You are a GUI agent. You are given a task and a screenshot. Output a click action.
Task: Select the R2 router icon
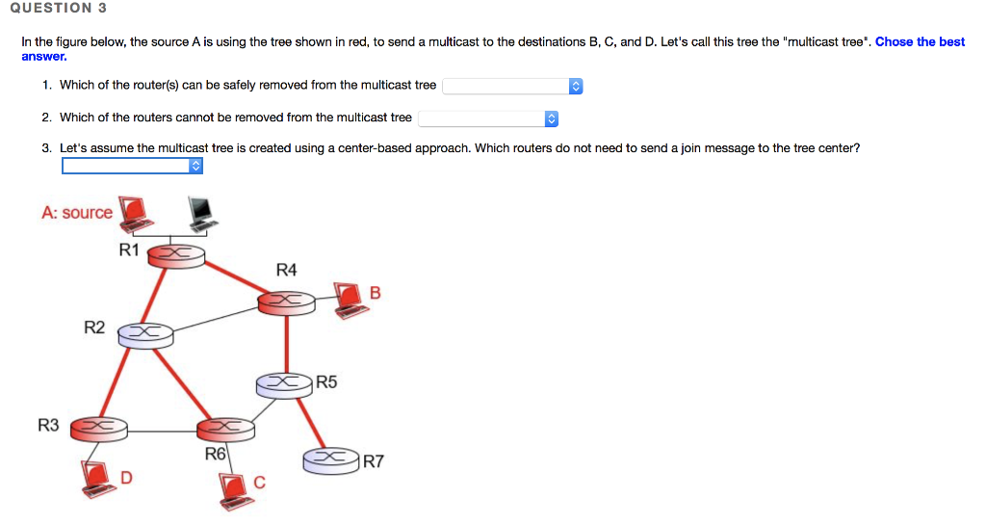(x=144, y=334)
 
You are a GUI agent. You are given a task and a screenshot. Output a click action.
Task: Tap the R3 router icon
(x=99, y=427)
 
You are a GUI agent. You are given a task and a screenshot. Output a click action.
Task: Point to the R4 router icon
(x=286, y=303)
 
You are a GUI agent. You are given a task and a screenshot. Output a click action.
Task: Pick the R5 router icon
(x=284, y=384)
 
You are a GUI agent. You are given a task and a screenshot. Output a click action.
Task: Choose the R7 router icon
(x=331, y=459)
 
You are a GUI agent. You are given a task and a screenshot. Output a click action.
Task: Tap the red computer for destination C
(x=234, y=487)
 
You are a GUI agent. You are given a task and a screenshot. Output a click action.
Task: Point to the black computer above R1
(x=200, y=211)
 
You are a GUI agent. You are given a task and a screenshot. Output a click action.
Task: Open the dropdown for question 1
(x=512, y=87)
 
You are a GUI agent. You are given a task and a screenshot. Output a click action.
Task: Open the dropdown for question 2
(x=488, y=119)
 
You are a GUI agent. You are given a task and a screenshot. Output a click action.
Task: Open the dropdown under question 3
(x=133, y=167)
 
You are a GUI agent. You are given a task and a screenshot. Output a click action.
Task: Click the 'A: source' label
(x=77, y=213)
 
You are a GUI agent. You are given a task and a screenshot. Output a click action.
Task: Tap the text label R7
(x=374, y=462)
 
